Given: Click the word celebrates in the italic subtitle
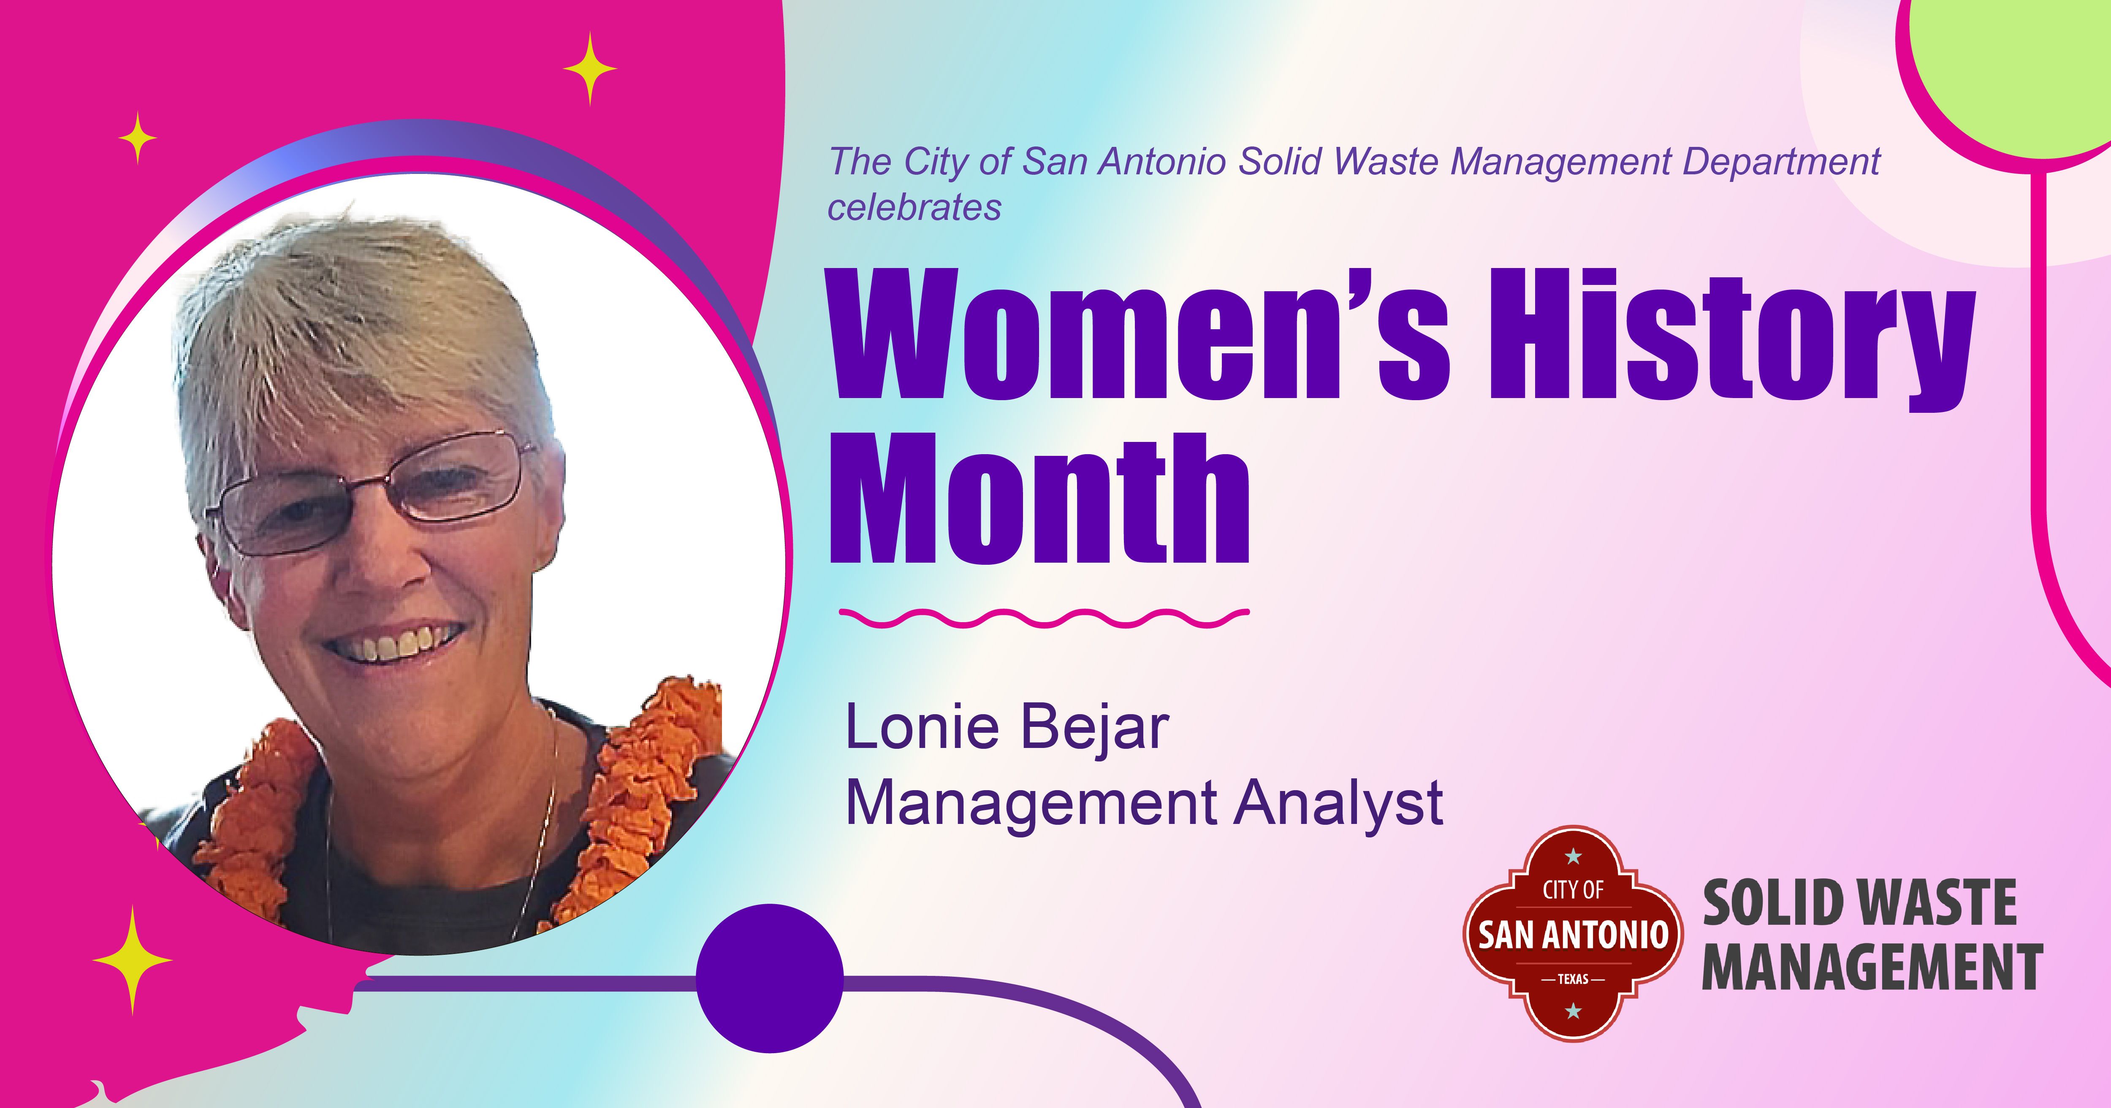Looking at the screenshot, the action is tap(914, 207).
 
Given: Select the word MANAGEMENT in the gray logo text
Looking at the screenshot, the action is tap(1872, 967).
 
